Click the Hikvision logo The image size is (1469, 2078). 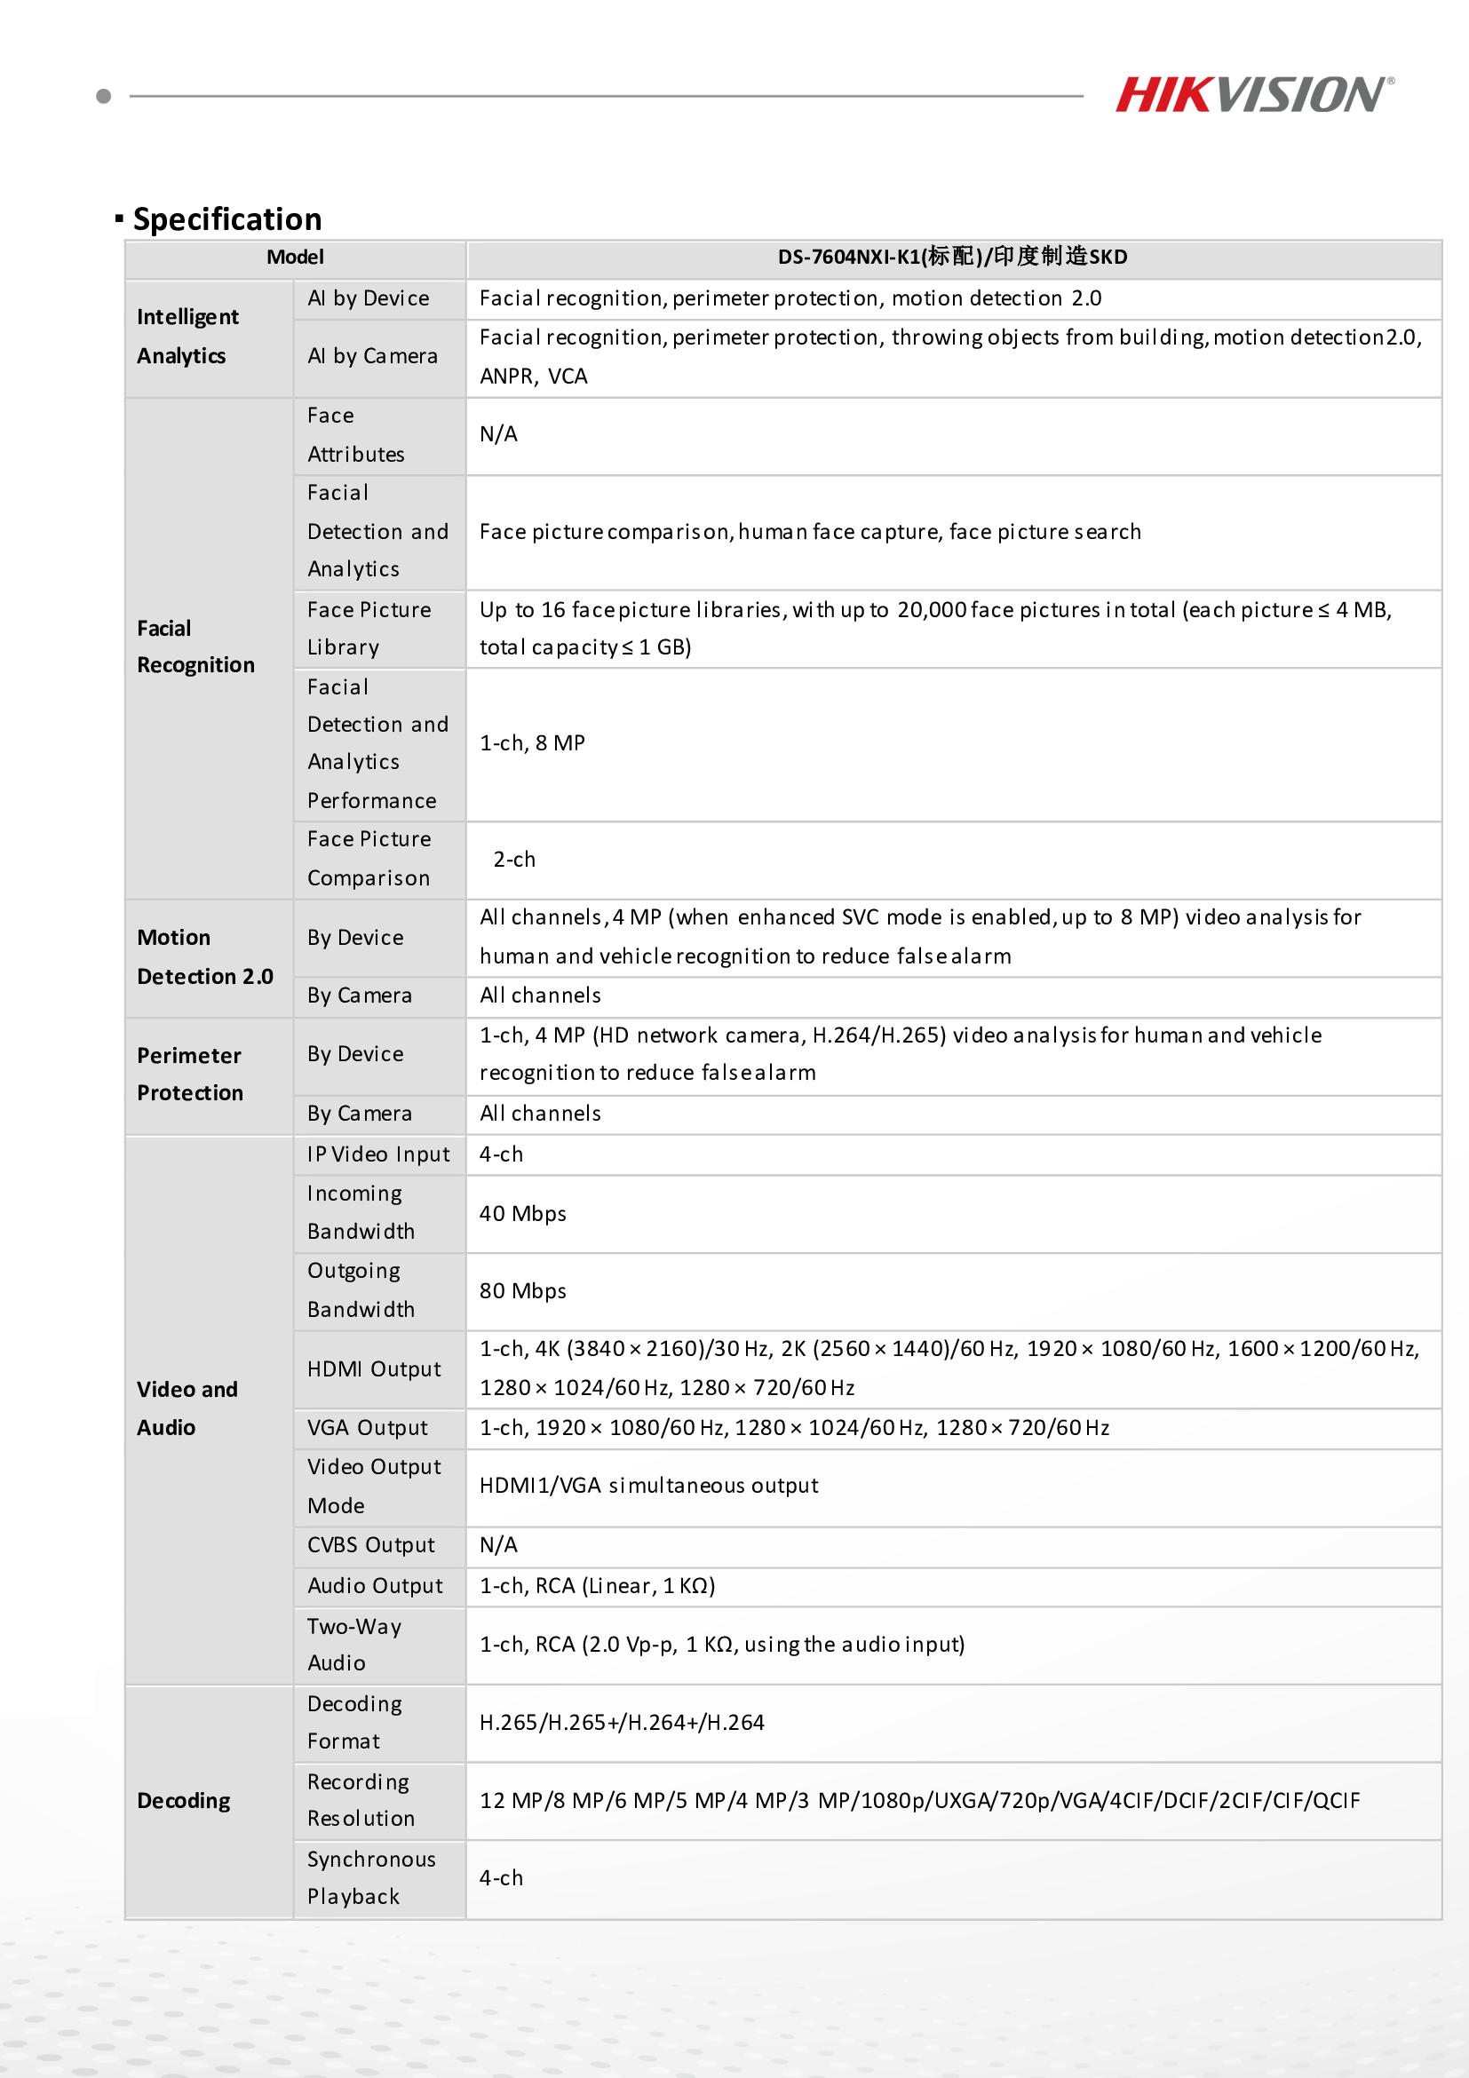click(1253, 95)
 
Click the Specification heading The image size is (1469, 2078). click(226, 219)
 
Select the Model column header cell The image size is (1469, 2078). click(295, 257)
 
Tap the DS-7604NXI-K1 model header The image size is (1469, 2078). click(952, 257)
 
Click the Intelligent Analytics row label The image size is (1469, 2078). click(188, 337)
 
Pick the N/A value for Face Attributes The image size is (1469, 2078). click(499, 434)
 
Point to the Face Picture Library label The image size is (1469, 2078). click(369, 628)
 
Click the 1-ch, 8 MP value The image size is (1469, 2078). click(532, 743)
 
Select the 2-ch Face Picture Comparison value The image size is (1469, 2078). click(514, 859)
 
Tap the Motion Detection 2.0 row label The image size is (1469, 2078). click(204, 956)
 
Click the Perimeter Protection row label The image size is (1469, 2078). click(190, 1075)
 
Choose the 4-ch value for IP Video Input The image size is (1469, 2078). click(502, 1154)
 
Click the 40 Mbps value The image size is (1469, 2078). click(522, 1214)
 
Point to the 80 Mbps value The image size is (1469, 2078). click(522, 1290)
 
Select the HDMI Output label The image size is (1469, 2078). click(374, 1368)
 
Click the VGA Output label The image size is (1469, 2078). click(367, 1427)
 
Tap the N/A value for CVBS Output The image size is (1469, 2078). click(499, 1545)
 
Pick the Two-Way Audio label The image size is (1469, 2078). click(353, 1645)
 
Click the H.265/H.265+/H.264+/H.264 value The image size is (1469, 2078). click(622, 1722)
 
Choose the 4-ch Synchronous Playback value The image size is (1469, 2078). click(502, 1878)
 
